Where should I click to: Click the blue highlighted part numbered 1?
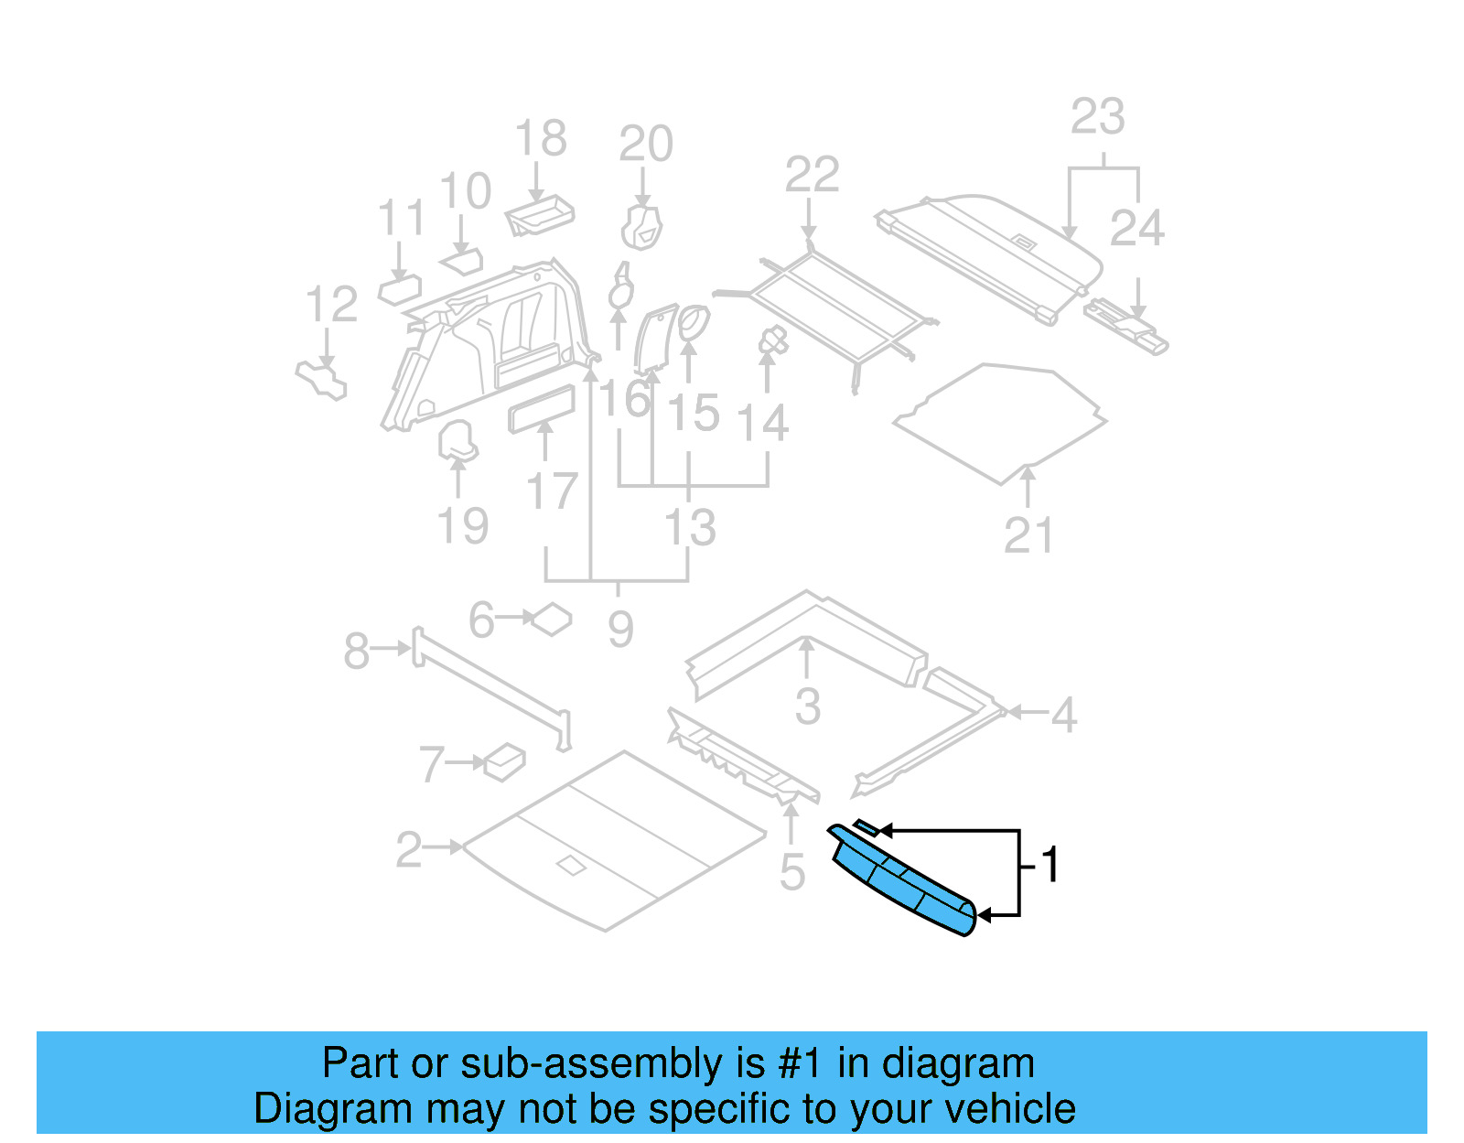(x=901, y=883)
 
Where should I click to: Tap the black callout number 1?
(x=1050, y=865)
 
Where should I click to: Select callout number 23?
(x=1097, y=117)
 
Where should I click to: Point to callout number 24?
(x=1136, y=228)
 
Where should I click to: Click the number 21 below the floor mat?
(x=1028, y=535)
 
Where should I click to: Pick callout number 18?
(x=541, y=139)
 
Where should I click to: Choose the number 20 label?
(x=646, y=144)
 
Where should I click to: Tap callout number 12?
(x=331, y=305)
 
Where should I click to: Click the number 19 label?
(x=463, y=526)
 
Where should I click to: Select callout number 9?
(x=620, y=630)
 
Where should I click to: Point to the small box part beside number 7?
(x=505, y=761)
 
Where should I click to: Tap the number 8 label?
(x=356, y=652)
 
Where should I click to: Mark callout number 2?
(x=409, y=850)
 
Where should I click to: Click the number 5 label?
(x=792, y=872)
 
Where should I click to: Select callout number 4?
(x=1063, y=715)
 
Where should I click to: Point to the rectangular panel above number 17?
(x=542, y=408)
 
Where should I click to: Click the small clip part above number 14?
(x=773, y=341)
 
